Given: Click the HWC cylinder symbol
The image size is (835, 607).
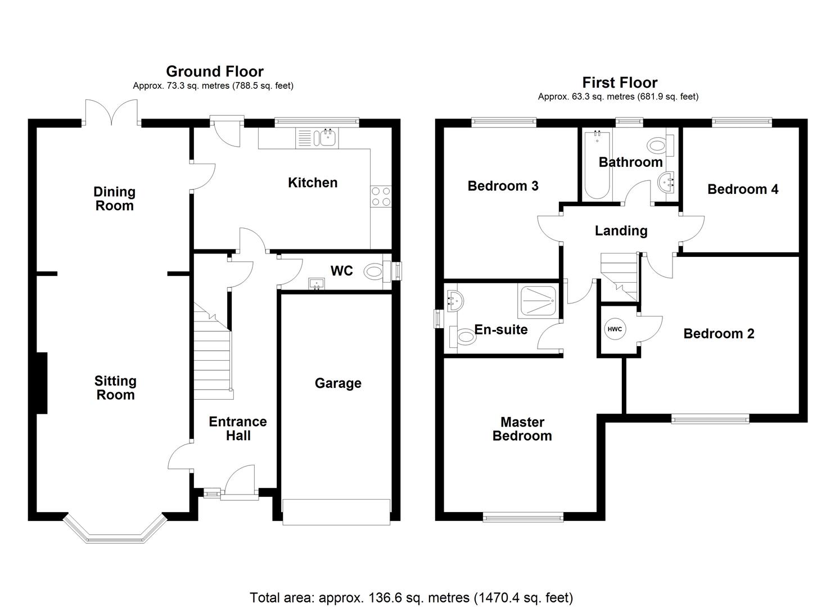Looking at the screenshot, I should click(615, 329).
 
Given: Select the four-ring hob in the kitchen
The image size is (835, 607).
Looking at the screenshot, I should click(381, 197).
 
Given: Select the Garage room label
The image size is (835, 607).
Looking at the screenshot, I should click(337, 383).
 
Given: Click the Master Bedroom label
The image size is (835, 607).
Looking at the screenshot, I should click(522, 429).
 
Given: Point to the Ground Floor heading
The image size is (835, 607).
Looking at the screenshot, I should click(214, 71).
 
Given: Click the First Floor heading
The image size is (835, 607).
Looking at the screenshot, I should click(620, 83).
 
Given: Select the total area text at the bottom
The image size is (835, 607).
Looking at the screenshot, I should click(411, 597).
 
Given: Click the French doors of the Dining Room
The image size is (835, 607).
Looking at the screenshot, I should click(111, 112).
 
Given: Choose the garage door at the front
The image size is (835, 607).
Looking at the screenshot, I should click(336, 512).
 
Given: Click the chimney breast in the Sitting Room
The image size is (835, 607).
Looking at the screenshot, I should click(42, 383).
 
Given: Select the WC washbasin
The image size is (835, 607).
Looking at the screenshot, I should click(317, 283).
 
